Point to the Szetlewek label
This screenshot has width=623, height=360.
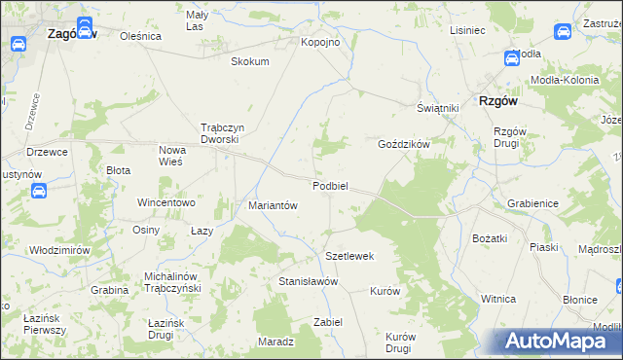[x=349, y=256]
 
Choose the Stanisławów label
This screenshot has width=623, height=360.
[x=308, y=281]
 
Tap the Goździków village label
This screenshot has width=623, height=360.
[x=404, y=143]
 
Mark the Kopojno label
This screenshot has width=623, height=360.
[x=320, y=43]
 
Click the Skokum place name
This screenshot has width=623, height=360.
[x=249, y=61]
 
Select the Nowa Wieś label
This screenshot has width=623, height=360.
[x=178, y=156]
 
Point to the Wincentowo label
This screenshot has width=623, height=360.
[x=166, y=203]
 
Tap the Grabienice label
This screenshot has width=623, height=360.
[x=532, y=204]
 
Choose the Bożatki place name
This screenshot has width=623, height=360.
[x=491, y=238]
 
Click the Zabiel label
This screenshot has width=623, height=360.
[x=328, y=322]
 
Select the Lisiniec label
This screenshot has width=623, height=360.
[x=467, y=30]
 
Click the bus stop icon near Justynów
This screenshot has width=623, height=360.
[x=38, y=191]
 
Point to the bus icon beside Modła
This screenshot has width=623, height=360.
[x=512, y=58]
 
